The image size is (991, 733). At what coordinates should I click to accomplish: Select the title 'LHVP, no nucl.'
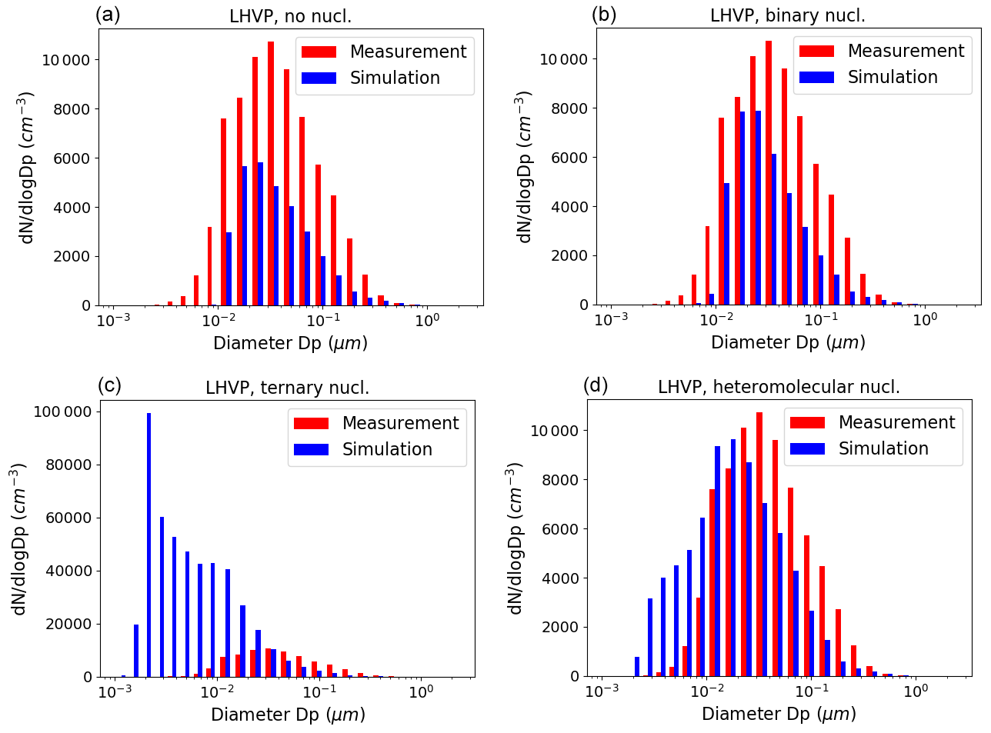290,16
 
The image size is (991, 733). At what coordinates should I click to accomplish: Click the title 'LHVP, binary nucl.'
787,15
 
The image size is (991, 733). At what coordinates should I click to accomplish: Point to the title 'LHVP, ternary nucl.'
287,388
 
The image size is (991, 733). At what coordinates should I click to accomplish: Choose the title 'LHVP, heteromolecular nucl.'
779,387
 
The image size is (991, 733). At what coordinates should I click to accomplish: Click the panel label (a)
108,15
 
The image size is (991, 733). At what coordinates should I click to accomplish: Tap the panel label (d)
596,385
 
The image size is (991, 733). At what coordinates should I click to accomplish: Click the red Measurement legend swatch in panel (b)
816,52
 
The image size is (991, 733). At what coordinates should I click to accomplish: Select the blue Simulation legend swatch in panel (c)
311,450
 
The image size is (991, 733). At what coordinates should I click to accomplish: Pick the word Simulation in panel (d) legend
883,448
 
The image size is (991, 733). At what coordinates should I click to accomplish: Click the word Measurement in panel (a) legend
408,52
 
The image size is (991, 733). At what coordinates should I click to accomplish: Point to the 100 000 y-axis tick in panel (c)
62,411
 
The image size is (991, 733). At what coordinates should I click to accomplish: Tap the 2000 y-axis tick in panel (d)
556,627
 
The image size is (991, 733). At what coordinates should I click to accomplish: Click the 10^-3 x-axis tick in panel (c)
115,691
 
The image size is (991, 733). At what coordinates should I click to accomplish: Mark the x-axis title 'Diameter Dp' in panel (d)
779,714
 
